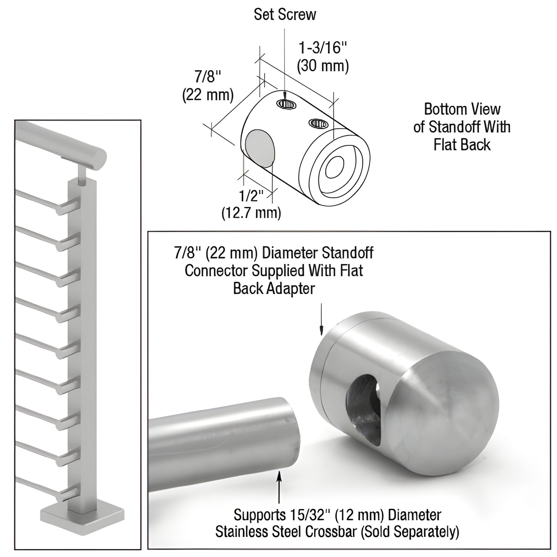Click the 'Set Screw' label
pos(284,15)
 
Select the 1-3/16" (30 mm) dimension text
pos(323,57)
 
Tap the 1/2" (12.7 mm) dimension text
pos(251,205)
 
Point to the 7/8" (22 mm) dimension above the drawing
pos(208,86)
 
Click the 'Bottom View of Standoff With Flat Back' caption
pos(462,127)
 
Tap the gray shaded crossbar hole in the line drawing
pos(259,148)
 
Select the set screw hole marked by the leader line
pos(287,103)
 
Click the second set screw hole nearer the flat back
pos(318,123)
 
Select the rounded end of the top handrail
pos(98,158)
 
